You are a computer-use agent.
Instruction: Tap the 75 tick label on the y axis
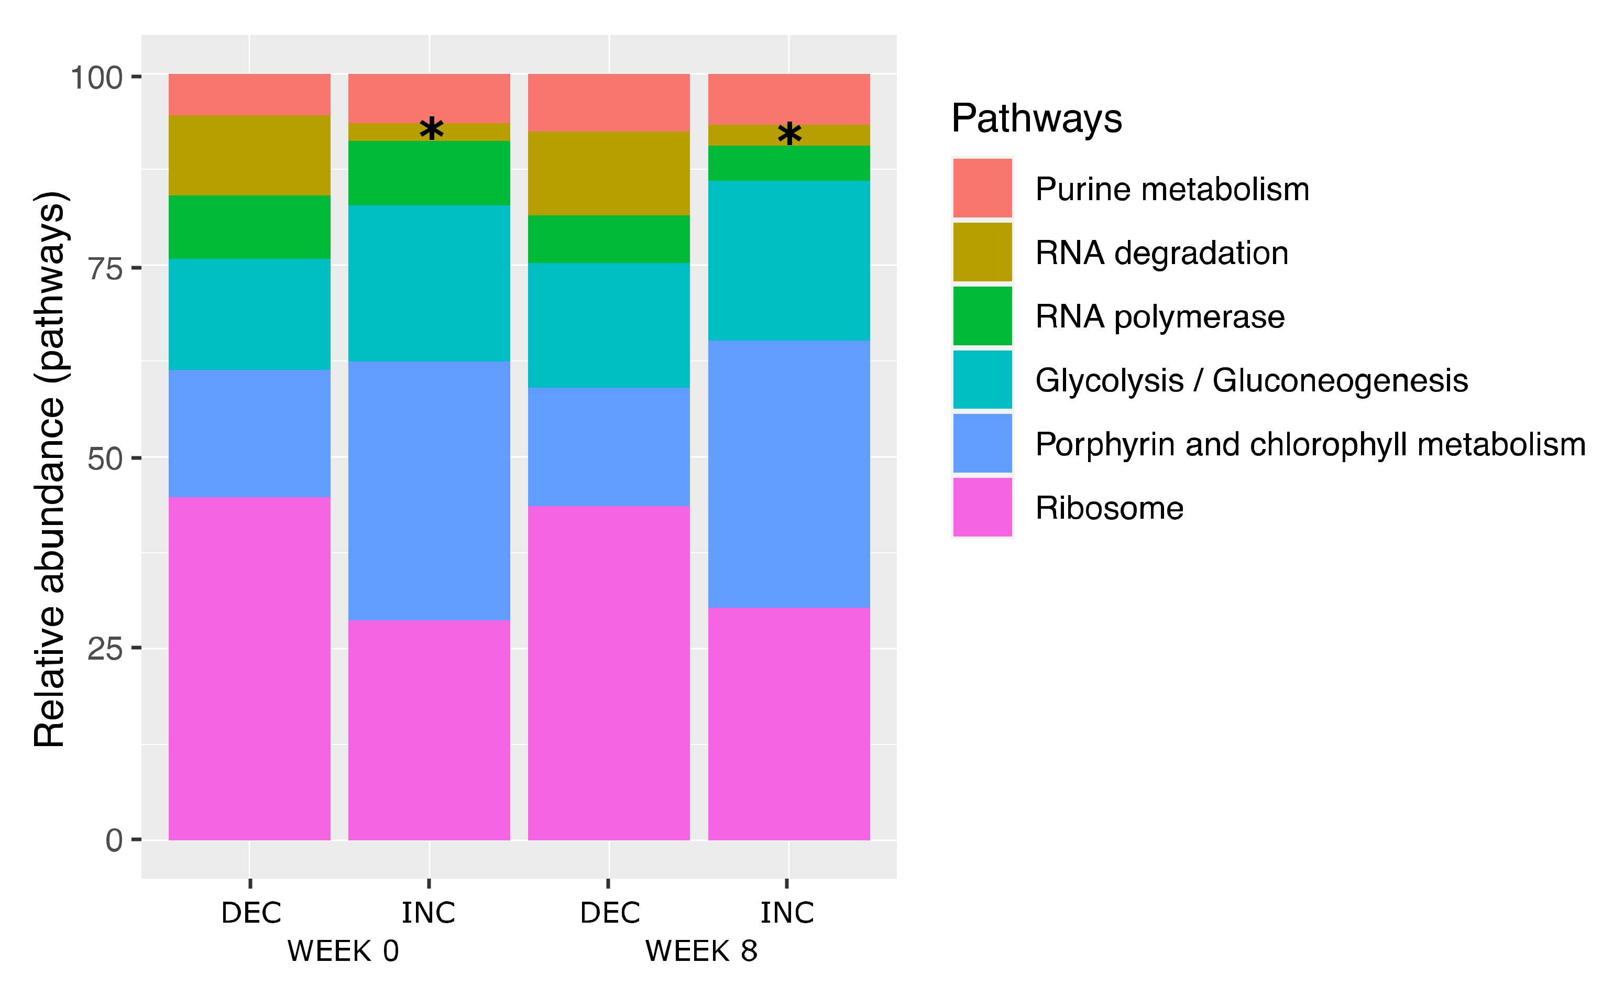click(x=105, y=268)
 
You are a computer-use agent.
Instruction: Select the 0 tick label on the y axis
click(x=114, y=840)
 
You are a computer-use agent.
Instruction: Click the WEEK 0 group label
click(x=343, y=951)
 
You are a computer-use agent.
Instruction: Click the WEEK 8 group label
click(x=701, y=951)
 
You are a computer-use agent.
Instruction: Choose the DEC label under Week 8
click(x=610, y=913)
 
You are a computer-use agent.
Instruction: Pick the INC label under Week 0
click(x=429, y=913)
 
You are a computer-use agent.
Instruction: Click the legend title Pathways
click(x=1036, y=119)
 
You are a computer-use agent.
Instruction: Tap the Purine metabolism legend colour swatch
click(x=982, y=188)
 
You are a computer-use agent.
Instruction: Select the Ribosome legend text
click(x=1109, y=508)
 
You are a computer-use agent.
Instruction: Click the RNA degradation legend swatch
click(x=982, y=252)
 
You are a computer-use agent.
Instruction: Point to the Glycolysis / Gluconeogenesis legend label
click(x=1251, y=380)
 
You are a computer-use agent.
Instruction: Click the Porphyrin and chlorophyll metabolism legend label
click(x=1310, y=444)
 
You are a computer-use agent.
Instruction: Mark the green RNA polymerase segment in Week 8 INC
click(x=789, y=163)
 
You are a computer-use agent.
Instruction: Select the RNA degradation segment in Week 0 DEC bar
click(x=249, y=155)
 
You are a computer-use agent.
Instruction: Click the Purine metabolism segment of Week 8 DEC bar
click(x=609, y=102)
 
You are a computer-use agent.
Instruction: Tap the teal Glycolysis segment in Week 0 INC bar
click(x=429, y=283)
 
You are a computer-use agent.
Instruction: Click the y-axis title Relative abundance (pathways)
click(x=50, y=469)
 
